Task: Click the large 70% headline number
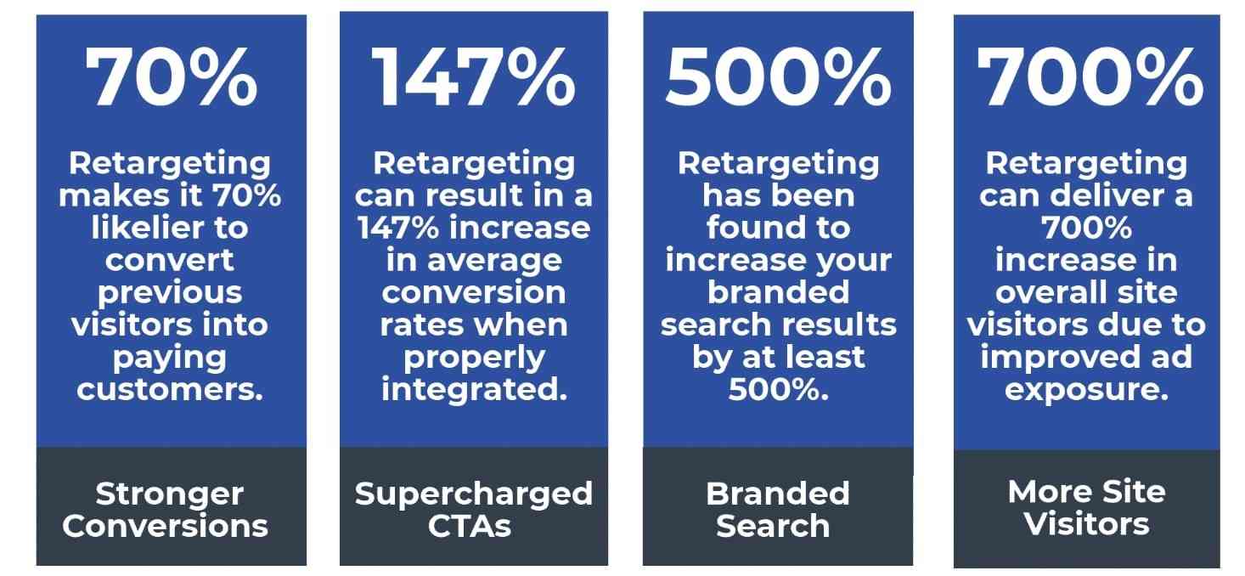point(172,78)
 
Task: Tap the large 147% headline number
point(474,78)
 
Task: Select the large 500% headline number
point(778,78)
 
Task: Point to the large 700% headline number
point(1089,78)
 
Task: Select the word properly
point(474,358)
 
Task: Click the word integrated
point(474,390)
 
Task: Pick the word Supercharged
point(474,494)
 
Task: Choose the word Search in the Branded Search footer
point(773,526)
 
